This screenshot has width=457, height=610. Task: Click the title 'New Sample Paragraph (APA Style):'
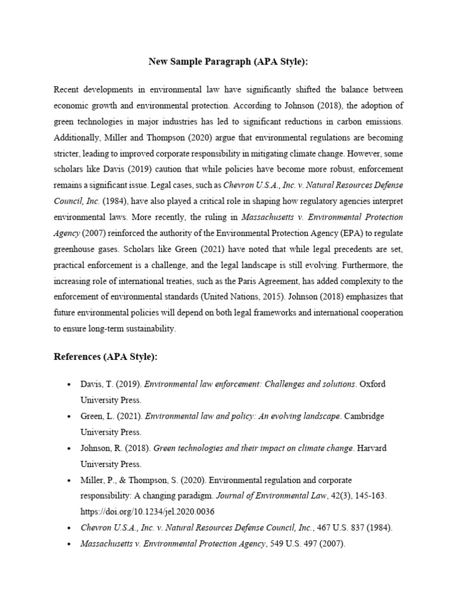[x=228, y=61]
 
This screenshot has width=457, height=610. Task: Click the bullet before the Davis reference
[x=70, y=385]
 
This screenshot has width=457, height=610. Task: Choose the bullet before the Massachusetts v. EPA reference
[x=70, y=544]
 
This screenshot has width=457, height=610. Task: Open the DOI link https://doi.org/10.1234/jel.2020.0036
[x=148, y=511]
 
